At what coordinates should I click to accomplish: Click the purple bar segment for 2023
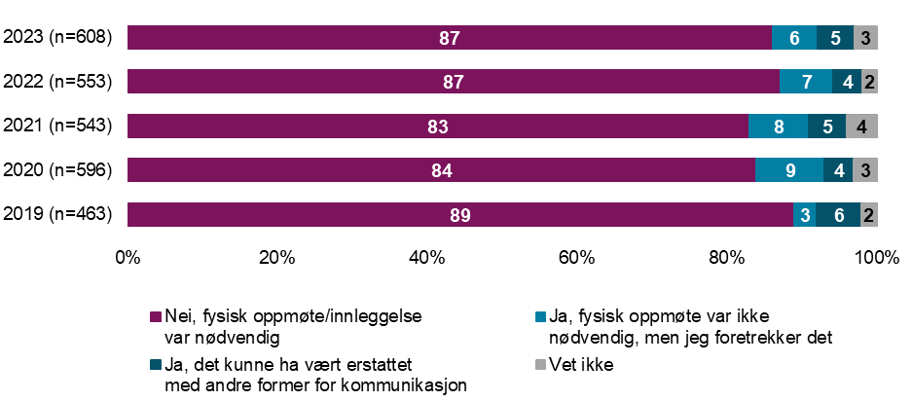point(449,38)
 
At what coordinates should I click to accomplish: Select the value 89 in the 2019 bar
point(460,215)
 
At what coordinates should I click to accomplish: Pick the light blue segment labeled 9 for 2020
point(789,171)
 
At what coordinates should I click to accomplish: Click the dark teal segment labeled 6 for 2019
point(838,215)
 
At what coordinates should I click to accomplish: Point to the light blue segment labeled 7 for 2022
point(806,82)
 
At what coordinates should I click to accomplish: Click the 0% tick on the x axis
point(128,258)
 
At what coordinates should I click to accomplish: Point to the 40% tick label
point(427,258)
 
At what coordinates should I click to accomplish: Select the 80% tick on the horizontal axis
point(727,258)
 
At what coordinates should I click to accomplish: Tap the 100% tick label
point(877,258)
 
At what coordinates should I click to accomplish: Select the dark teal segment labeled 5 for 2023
point(835,38)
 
